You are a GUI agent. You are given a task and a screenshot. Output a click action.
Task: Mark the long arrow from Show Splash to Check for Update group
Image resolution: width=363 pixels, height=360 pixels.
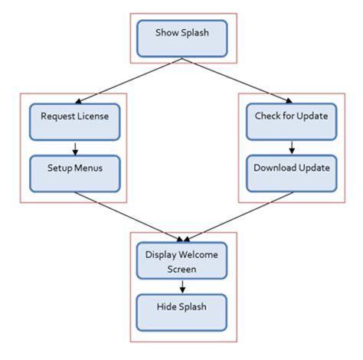[x=236, y=80]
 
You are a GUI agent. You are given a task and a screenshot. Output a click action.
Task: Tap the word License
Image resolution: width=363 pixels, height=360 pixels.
[x=94, y=116]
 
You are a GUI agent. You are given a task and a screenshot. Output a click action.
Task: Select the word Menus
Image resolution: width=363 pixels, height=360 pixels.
[x=91, y=168]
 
